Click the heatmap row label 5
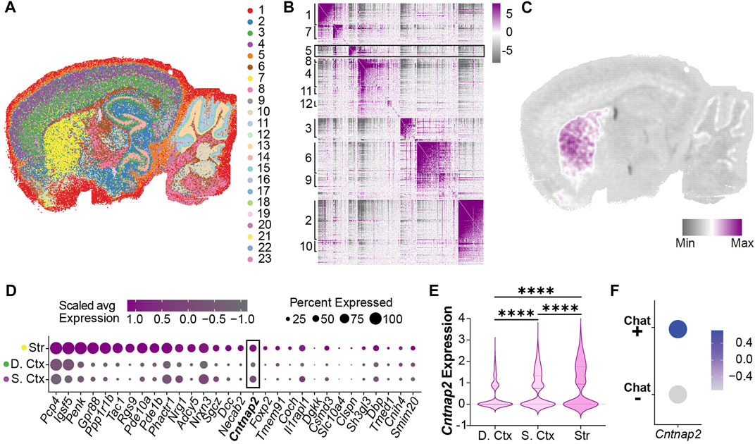[308, 51]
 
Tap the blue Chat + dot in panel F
[678, 329]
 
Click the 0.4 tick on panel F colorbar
[732, 340]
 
